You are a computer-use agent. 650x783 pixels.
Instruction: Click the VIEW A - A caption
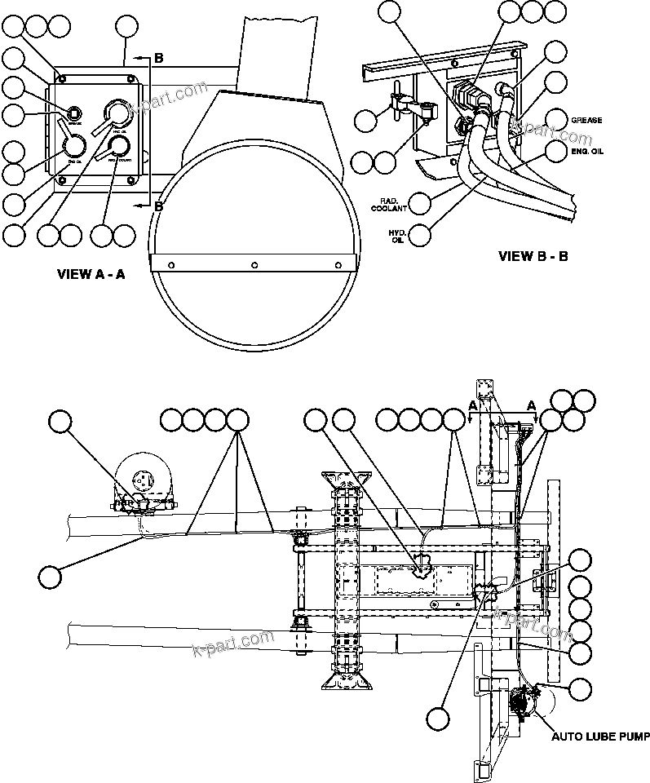coord(91,274)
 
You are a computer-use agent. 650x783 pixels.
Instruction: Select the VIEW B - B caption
coord(533,256)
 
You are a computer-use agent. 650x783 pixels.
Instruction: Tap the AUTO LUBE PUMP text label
coord(600,737)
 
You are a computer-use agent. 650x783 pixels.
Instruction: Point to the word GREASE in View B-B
coord(586,120)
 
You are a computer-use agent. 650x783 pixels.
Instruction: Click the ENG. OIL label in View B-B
coord(586,150)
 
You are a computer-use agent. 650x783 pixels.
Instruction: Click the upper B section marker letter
coord(159,58)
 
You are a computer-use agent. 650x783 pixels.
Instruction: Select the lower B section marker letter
coord(159,206)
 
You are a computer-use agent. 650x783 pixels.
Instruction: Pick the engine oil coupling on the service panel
coord(74,145)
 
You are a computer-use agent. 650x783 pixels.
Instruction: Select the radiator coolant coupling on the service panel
coord(120,145)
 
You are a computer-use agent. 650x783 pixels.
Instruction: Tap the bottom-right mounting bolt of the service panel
coord(133,183)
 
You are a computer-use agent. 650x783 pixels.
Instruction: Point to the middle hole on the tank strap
coord(255,264)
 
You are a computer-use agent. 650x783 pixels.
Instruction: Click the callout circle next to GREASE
coord(556,119)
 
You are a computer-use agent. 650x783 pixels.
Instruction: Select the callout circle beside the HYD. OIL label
coord(420,235)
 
